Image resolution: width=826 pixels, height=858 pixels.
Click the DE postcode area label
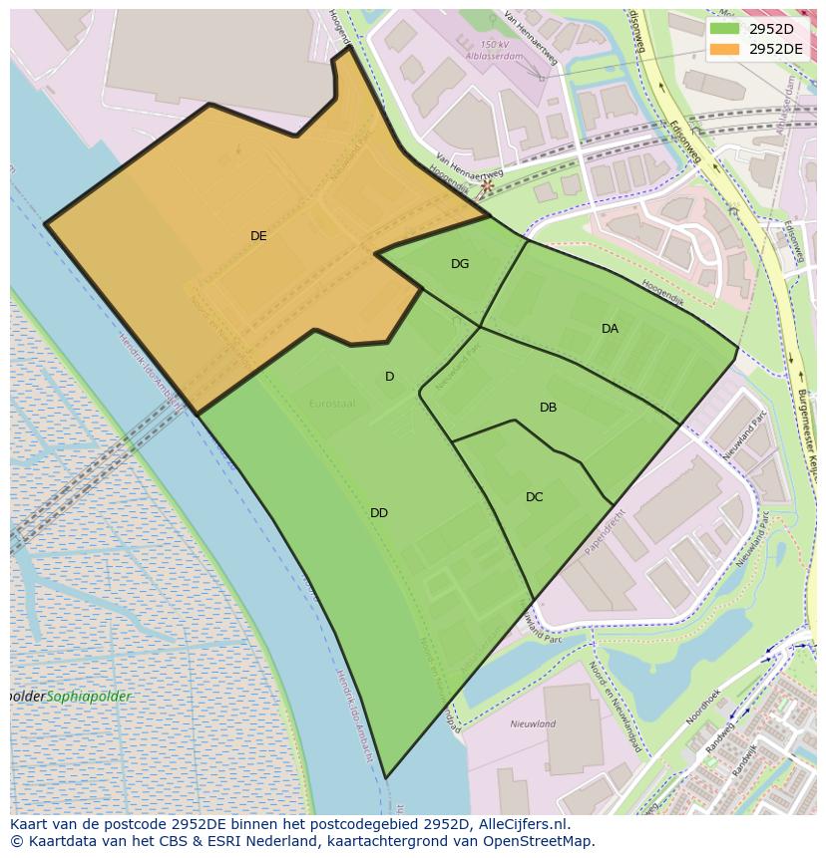pyautogui.click(x=258, y=236)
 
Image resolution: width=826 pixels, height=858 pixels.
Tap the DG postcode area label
pyautogui.click(x=460, y=264)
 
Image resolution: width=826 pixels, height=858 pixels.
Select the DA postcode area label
pyautogui.click(x=610, y=329)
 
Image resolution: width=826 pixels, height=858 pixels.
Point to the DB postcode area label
pyautogui.click(x=548, y=408)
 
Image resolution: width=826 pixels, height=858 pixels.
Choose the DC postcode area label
pyautogui.click(x=535, y=497)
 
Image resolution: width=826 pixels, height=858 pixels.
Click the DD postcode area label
pyautogui.click(x=379, y=513)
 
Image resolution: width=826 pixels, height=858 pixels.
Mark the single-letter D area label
pyautogui.click(x=390, y=377)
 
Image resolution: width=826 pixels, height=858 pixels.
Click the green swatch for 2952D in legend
pyautogui.click(x=724, y=29)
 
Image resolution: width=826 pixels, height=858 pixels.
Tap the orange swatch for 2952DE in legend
pyautogui.click(x=724, y=49)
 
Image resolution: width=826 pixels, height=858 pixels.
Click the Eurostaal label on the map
pyautogui.click(x=332, y=404)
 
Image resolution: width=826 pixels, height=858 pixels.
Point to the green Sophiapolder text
pyautogui.click(x=90, y=697)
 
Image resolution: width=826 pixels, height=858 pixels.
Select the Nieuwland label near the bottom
pyautogui.click(x=533, y=724)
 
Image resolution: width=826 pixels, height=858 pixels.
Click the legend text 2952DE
pyautogui.click(x=775, y=49)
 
